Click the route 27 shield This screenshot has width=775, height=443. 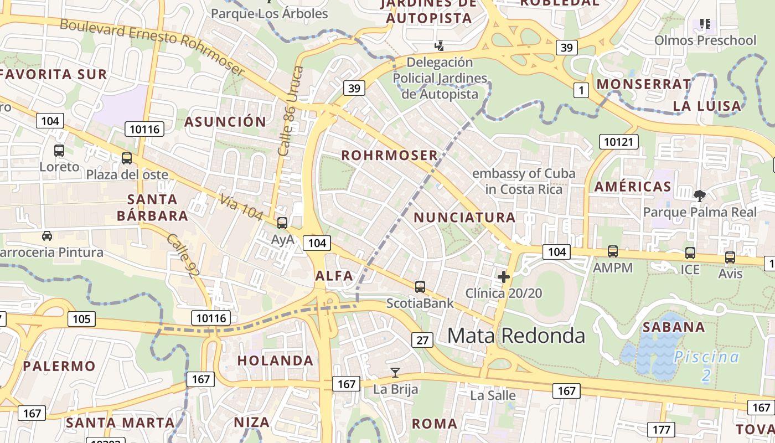(422, 340)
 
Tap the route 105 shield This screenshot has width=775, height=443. (81, 319)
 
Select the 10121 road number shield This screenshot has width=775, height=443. (618, 142)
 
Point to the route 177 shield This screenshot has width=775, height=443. (661, 429)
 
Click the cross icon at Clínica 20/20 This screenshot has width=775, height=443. (504, 276)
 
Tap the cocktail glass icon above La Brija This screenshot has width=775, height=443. (395, 372)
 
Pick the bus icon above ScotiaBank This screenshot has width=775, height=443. (420, 287)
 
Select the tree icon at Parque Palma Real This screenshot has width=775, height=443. (700, 195)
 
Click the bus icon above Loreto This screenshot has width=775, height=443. (59, 150)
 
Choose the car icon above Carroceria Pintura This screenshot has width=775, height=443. (47, 236)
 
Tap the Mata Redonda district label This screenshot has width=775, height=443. (516, 336)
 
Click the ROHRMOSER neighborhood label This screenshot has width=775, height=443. (389, 156)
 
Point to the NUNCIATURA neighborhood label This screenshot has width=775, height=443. (464, 218)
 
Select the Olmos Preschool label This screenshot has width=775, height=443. (705, 40)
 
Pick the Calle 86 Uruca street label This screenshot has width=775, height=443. (291, 111)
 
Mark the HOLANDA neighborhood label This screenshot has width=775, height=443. (275, 360)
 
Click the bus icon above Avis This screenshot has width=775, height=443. (730, 257)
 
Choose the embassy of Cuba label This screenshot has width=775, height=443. (524, 181)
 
